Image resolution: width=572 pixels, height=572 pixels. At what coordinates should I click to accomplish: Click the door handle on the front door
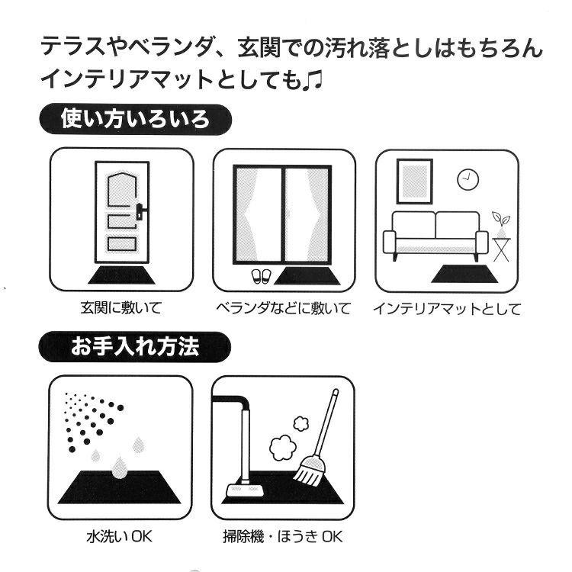[x=140, y=212]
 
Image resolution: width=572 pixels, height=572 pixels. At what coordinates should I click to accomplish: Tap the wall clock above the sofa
[x=468, y=179]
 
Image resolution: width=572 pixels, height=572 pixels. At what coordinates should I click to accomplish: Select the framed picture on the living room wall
[x=414, y=182]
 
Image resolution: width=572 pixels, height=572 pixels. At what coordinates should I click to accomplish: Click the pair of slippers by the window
[x=259, y=277]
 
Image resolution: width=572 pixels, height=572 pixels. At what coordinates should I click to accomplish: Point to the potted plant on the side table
[x=501, y=224]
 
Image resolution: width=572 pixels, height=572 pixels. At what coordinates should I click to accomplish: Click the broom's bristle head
[x=309, y=472]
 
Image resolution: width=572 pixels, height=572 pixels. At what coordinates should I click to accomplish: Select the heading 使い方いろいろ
[x=135, y=119]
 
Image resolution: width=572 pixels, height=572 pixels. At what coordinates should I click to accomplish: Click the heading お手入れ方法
[x=135, y=346]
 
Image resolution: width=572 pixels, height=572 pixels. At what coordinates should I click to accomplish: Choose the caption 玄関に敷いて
[x=121, y=308]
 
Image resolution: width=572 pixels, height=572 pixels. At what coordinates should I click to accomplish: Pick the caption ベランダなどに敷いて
[x=284, y=309]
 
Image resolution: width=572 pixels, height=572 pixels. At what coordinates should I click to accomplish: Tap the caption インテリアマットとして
[x=446, y=310]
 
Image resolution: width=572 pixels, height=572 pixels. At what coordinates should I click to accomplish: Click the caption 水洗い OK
[x=119, y=537]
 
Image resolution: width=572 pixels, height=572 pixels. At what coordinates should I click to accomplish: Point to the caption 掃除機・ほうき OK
[x=283, y=537]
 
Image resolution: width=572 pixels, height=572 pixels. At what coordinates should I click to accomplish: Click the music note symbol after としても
[x=313, y=81]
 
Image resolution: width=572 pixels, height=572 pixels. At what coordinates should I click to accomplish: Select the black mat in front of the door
[x=121, y=275]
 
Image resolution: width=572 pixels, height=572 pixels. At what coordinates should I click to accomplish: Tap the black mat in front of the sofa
[x=464, y=274]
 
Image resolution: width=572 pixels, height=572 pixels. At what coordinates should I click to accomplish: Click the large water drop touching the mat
[x=119, y=468]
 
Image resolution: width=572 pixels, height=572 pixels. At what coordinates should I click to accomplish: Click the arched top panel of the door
[x=122, y=189]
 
